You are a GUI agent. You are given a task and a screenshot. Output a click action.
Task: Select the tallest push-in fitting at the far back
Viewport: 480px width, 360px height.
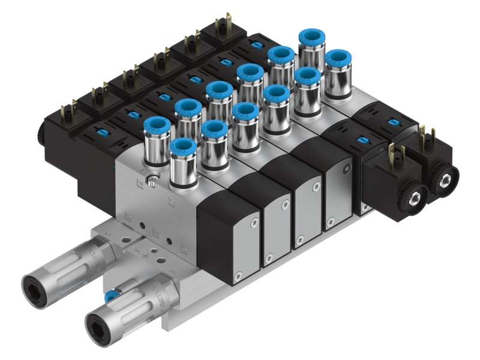click(x=311, y=41)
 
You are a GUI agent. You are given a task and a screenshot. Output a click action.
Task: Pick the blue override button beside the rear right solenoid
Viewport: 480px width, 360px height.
click(x=392, y=123)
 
